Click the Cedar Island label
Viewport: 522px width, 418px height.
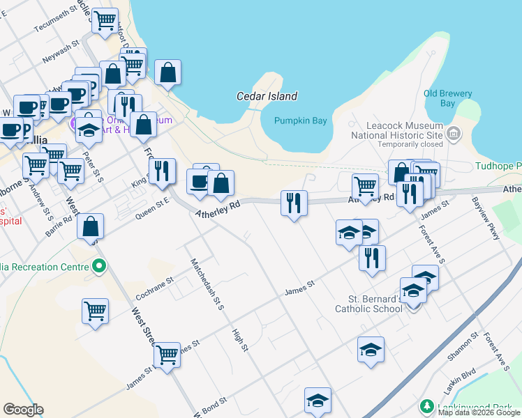click(x=267, y=96)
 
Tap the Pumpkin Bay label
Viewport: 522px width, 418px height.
click(x=300, y=121)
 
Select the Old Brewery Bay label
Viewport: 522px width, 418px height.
click(x=447, y=98)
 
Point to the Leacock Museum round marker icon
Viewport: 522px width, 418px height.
click(x=454, y=132)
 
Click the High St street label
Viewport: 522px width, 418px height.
click(x=240, y=340)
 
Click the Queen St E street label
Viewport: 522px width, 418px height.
click(x=152, y=208)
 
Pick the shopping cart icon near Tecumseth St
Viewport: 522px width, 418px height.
click(x=105, y=22)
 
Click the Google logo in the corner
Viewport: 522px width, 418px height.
click(x=23, y=410)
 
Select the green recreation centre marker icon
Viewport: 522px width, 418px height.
click(x=99, y=265)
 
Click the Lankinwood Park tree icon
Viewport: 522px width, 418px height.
click(x=426, y=405)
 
